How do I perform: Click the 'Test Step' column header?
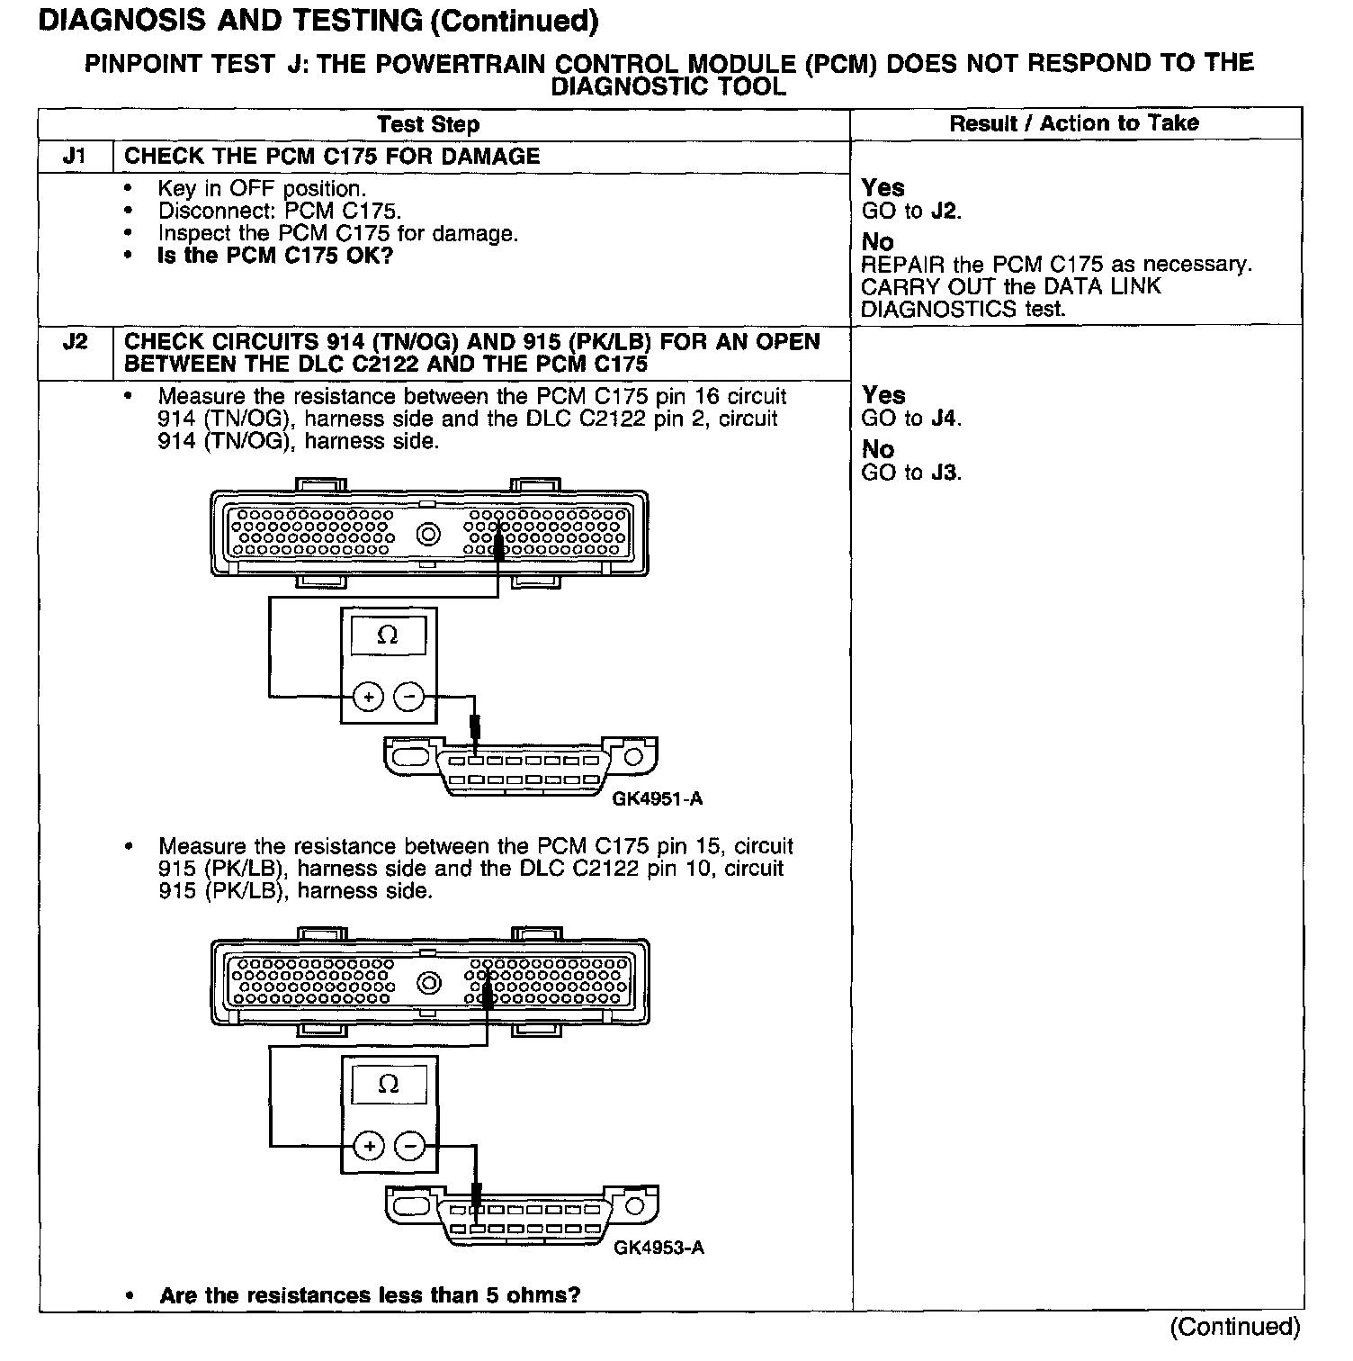[427, 124]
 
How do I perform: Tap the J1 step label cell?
[76, 157]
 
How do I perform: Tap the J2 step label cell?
[76, 343]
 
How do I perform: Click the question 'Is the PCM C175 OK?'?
[274, 256]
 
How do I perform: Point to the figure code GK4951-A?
[657, 798]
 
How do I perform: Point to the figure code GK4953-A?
[659, 1248]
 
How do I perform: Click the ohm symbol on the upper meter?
[388, 635]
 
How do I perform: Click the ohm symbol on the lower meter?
[389, 1085]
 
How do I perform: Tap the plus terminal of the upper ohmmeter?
[368, 697]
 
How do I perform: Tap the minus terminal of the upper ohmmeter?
[409, 697]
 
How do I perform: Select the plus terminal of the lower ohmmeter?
[369, 1146]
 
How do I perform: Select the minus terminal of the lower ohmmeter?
[410, 1146]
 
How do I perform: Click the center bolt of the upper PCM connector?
[429, 535]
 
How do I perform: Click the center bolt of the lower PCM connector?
[430, 983]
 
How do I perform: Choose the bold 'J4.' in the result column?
[945, 419]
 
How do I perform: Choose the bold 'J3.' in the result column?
[945, 473]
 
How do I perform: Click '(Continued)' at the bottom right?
[1234, 1327]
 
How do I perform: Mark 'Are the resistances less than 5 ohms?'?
[370, 1295]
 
